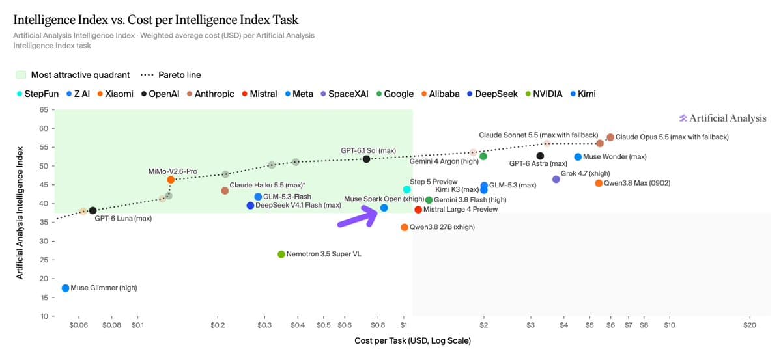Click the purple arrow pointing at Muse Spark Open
(x=358, y=217)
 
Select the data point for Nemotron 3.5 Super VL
(x=281, y=255)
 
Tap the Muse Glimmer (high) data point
(x=65, y=288)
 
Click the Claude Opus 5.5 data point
(x=610, y=137)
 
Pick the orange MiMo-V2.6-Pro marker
(x=171, y=180)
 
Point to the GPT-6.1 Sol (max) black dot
(x=366, y=159)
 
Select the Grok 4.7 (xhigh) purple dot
(x=556, y=179)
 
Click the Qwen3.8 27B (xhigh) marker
(x=405, y=227)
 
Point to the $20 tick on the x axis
(x=750, y=325)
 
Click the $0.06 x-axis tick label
(x=79, y=325)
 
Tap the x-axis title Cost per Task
(x=412, y=341)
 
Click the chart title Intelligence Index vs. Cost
(x=156, y=20)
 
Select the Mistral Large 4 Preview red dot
(x=418, y=210)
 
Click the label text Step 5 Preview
(x=433, y=182)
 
